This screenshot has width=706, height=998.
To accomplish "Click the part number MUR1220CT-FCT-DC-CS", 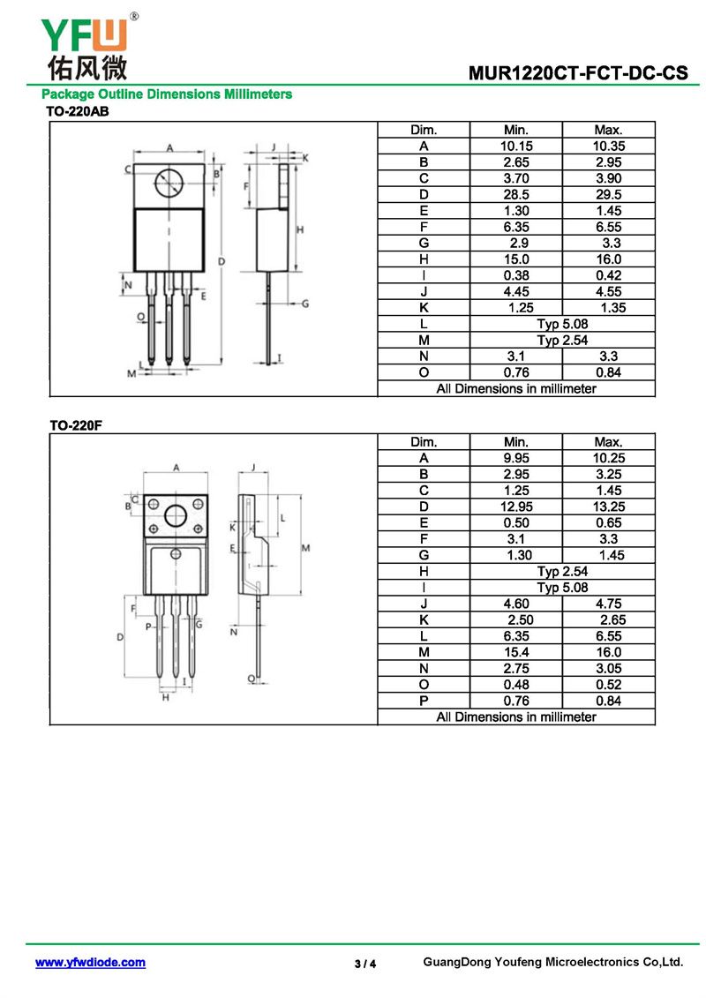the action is (578, 73).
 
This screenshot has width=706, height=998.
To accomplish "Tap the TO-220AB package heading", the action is (77, 111).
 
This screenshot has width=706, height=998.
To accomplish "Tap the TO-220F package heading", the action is (76, 425).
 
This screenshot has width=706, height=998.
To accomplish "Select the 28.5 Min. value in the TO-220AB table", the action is (516, 195).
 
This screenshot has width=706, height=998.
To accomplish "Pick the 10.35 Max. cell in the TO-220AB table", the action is (609, 146).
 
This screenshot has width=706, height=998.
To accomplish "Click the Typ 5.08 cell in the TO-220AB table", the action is (562, 324).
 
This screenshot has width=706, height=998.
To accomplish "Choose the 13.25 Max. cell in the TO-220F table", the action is (609, 507).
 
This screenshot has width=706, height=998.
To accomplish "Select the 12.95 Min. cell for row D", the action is (516, 507).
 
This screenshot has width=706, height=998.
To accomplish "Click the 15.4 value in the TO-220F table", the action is (516, 652).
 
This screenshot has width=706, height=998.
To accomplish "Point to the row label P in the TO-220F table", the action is (424, 701).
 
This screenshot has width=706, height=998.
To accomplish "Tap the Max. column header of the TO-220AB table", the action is (609, 130).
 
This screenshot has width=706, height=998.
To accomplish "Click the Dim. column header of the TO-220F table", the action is (424, 442).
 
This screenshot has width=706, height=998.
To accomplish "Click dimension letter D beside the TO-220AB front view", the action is (222, 261).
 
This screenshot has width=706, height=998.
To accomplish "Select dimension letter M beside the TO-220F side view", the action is (305, 548).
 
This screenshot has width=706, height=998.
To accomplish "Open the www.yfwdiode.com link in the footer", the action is (90, 963).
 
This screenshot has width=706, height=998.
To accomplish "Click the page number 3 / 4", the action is (365, 964).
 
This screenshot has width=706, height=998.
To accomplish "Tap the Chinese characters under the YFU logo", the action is (87, 68).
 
